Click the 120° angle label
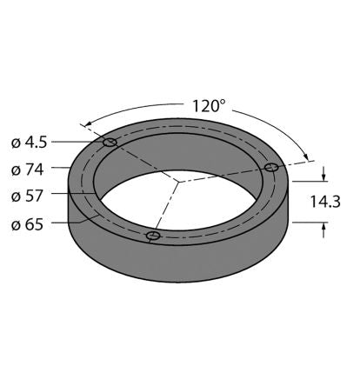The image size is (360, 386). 209,106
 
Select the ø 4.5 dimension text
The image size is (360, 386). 29,143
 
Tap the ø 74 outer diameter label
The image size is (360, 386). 27,170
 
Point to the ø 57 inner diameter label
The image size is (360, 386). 27,196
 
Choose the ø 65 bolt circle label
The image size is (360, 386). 27,224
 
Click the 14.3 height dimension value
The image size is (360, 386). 325,202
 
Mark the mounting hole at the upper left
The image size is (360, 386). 110,143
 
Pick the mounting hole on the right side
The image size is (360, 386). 271,167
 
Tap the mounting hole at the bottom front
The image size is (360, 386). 153,236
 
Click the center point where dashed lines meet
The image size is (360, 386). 178,182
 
